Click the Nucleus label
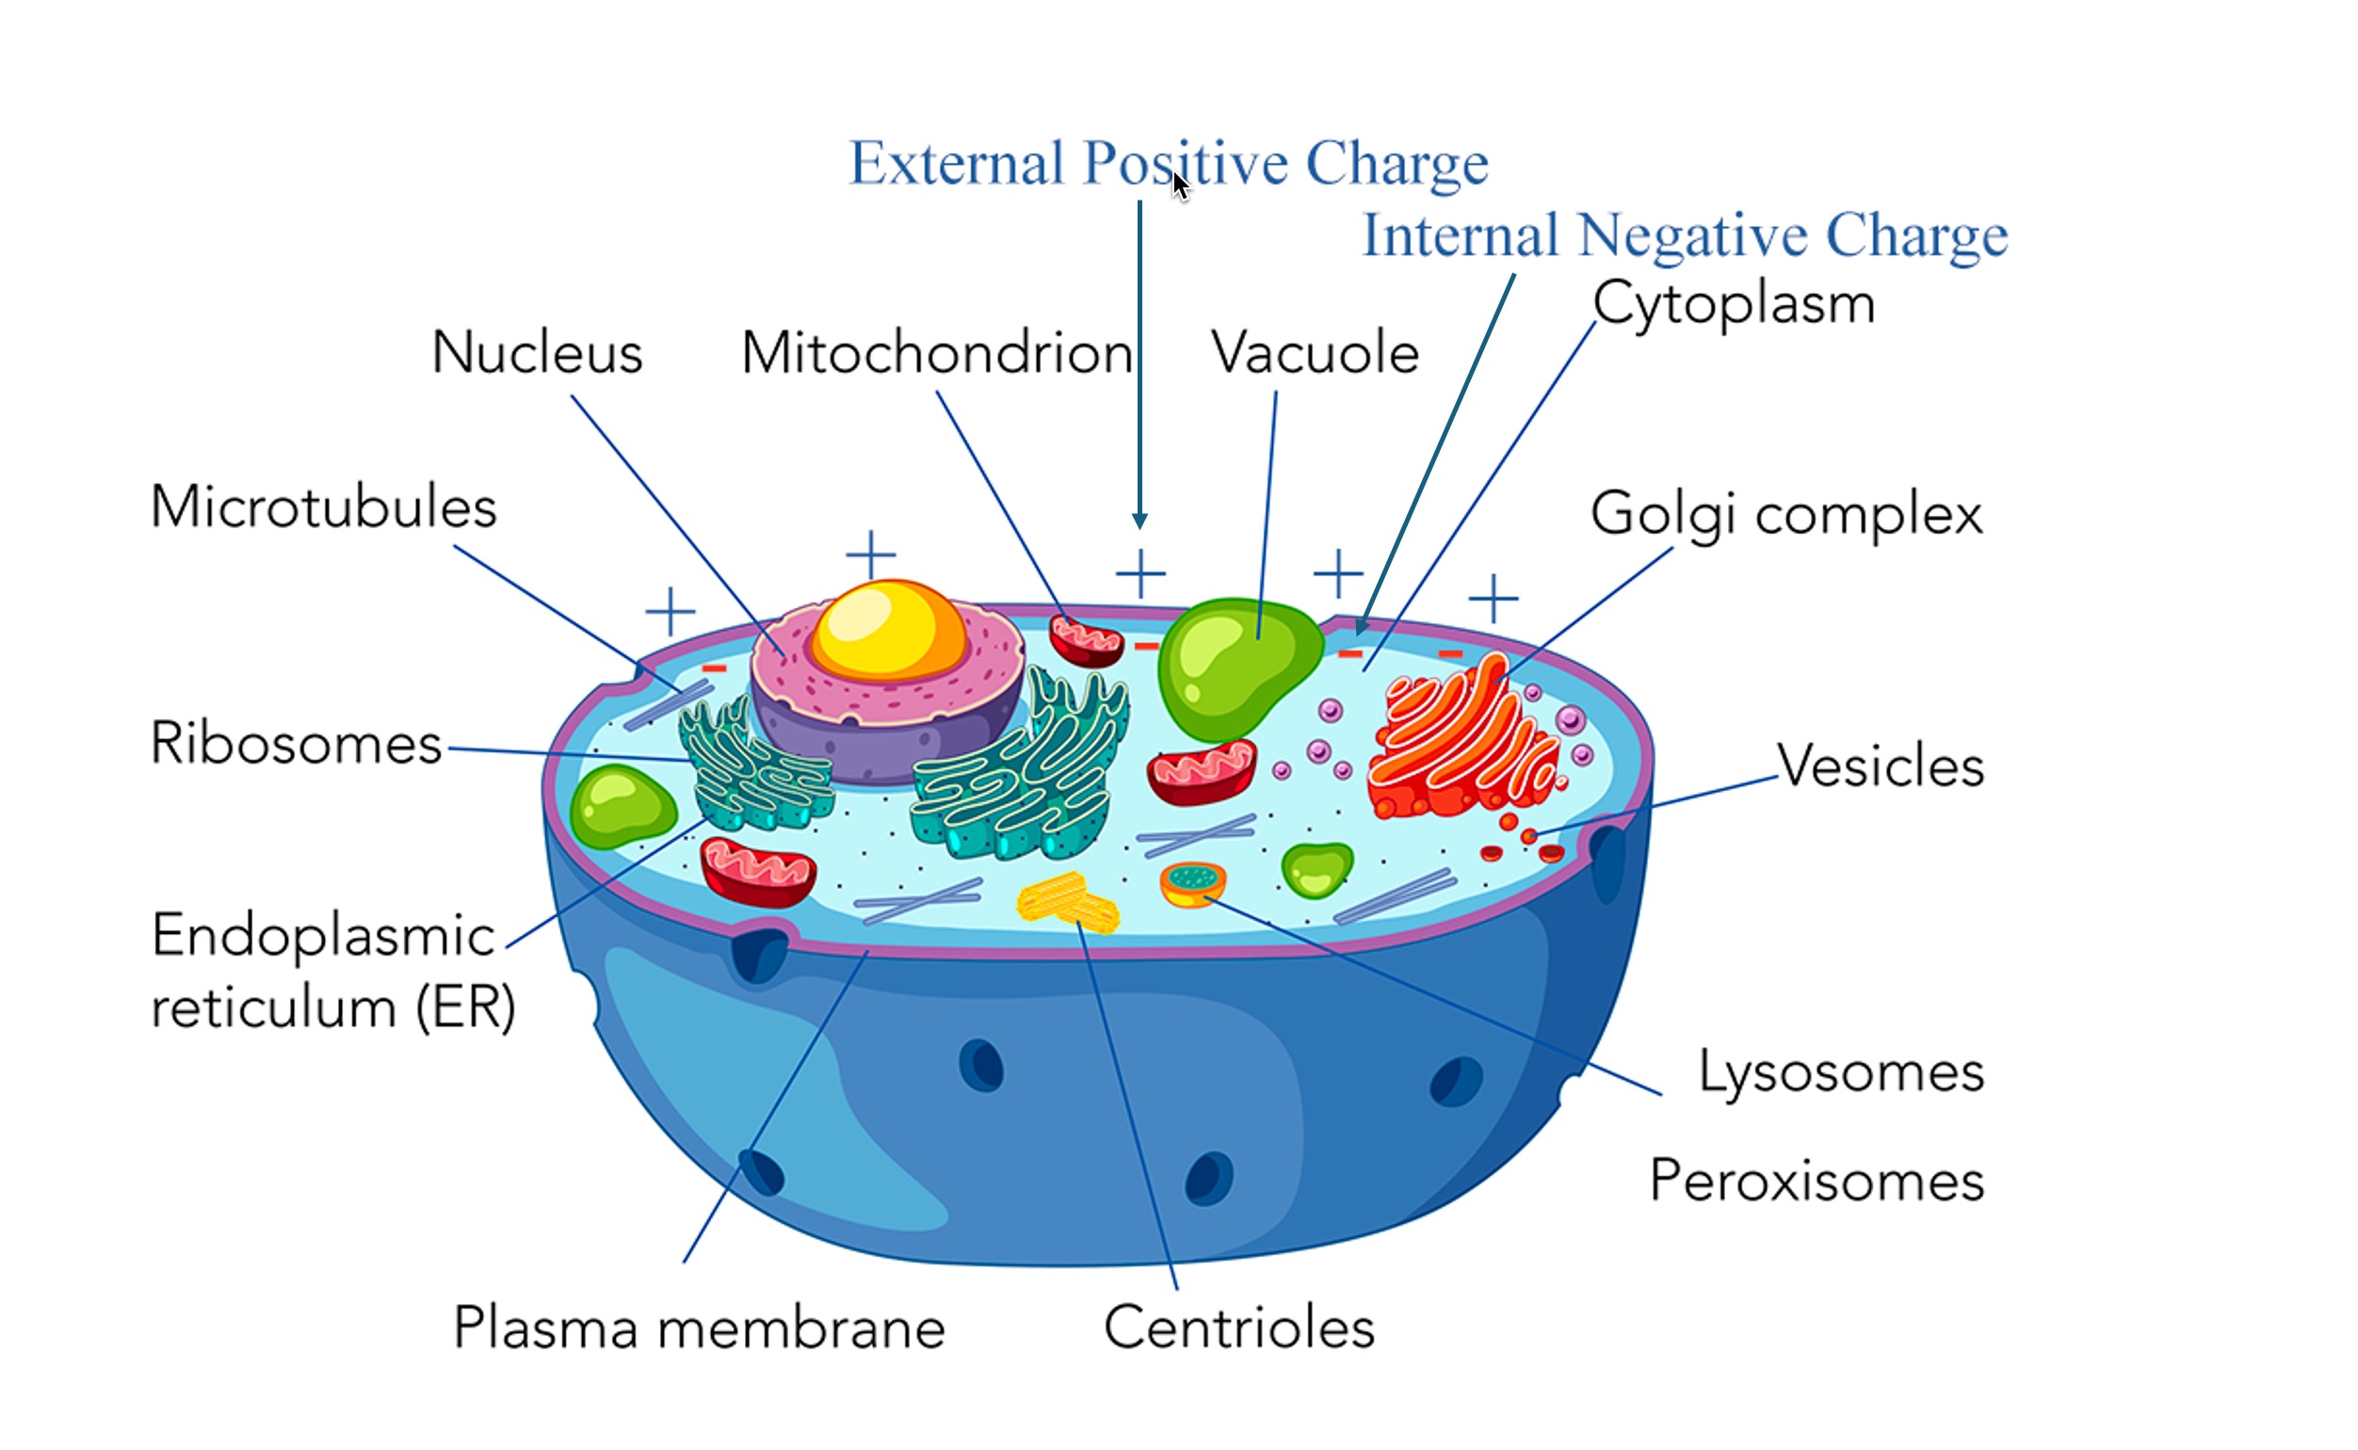click(537, 353)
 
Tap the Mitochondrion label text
click(937, 353)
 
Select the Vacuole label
click(1315, 353)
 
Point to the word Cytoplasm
click(1734, 304)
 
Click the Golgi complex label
click(1785, 514)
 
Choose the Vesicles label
click(1881, 766)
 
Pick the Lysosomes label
click(1841, 1071)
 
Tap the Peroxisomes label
click(1817, 1181)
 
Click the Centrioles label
click(1239, 1329)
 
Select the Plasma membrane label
click(699, 1329)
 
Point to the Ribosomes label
click(297, 743)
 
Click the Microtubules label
click(324, 507)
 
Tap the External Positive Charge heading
click(1168, 163)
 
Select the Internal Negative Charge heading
click(1685, 235)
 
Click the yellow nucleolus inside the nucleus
click(888, 628)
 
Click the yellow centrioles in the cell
click(1067, 901)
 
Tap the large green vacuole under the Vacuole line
click(1234, 667)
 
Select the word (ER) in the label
click(466, 1007)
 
